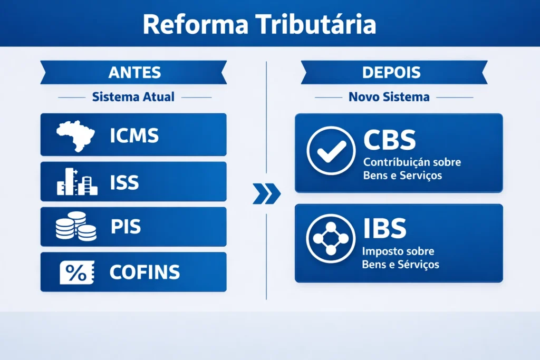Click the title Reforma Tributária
[x=259, y=25]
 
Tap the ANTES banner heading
[x=134, y=73]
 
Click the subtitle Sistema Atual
[x=133, y=98]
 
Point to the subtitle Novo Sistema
[x=389, y=98]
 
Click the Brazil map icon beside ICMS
[x=75, y=135]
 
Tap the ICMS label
[x=134, y=135]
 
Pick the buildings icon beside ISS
[x=77, y=182]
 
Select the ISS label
[x=124, y=182]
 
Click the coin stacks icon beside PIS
[x=76, y=227]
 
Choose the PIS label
[x=126, y=227]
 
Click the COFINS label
[x=144, y=273]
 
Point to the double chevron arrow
[x=266, y=194]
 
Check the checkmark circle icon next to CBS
[x=331, y=150]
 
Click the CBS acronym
[x=390, y=140]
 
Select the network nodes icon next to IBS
[x=331, y=238]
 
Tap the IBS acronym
[x=385, y=228]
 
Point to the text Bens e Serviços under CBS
[x=402, y=176]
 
